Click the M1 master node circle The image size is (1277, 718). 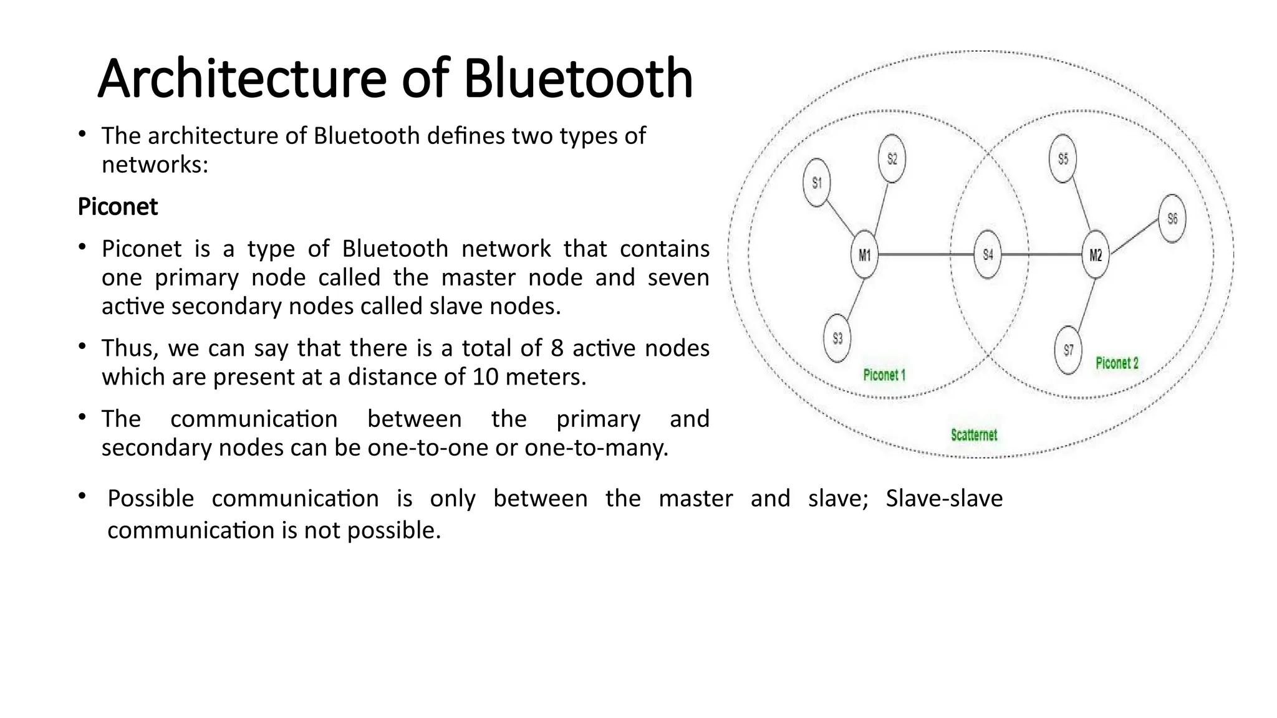click(x=864, y=255)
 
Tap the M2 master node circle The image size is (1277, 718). click(x=1095, y=255)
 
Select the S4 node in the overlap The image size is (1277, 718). click(x=988, y=254)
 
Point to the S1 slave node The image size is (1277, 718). click(x=816, y=183)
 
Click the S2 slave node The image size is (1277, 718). click(x=892, y=159)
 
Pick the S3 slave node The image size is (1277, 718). click(x=837, y=338)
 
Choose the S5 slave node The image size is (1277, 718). click(x=1063, y=159)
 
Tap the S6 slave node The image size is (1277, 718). click(x=1172, y=219)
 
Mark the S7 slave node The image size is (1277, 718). click(x=1068, y=350)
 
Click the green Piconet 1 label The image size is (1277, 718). click(x=884, y=375)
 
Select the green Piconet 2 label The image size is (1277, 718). click(x=1117, y=363)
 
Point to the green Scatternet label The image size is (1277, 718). click(x=974, y=435)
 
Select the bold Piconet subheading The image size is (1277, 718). click(x=118, y=207)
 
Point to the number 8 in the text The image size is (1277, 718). click(x=557, y=348)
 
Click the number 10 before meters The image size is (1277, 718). click(x=485, y=377)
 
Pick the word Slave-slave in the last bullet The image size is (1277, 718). click(x=944, y=499)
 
